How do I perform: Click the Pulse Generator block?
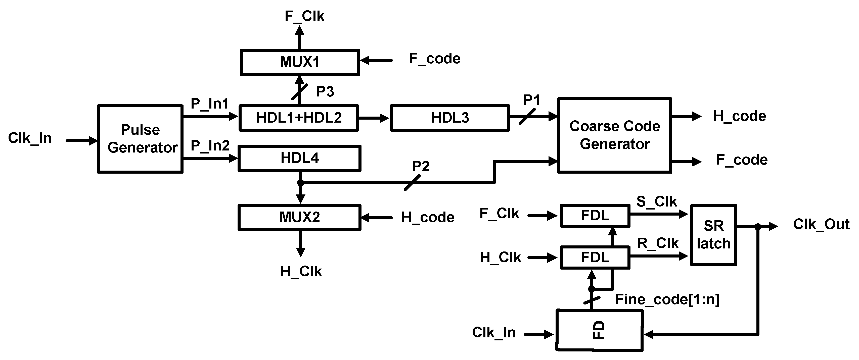point(140,139)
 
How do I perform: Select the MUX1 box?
point(299,62)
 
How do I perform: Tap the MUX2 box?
point(299,217)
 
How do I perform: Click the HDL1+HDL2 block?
point(299,118)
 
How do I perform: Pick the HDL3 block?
point(450,118)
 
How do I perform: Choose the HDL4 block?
point(299,158)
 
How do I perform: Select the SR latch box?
point(713,235)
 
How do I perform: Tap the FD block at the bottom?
point(599,330)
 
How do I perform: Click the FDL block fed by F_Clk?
point(595,216)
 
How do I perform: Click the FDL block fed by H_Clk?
point(595,257)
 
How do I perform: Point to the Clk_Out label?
point(821,224)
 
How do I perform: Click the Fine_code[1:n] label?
point(667,299)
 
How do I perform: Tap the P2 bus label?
point(421,166)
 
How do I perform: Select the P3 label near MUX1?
point(325,91)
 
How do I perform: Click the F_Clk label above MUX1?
point(304,16)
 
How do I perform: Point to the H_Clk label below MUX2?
point(301,272)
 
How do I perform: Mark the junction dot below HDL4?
point(300,183)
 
